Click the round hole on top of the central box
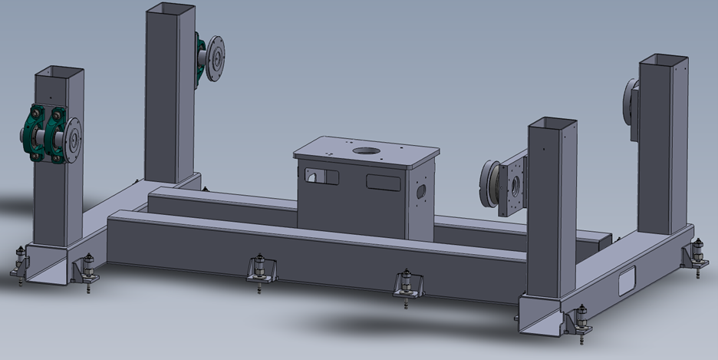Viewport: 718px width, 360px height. click(x=367, y=149)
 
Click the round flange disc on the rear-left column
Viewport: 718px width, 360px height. click(x=217, y=57)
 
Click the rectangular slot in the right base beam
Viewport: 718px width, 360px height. click(x=627, y=281)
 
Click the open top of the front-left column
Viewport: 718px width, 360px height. click(x=58, y=71)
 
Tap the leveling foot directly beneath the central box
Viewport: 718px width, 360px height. click(x=406, y=286)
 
